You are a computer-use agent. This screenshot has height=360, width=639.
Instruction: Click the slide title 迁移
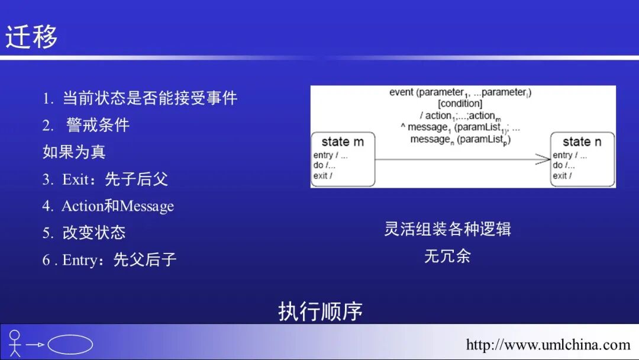(x=31, y=37)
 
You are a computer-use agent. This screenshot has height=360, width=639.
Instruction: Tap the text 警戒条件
(x=98, y=125)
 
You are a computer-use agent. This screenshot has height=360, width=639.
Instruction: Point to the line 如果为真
(x=74, y=152)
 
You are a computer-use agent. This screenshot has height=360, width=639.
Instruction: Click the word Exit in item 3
(x=75, y=179)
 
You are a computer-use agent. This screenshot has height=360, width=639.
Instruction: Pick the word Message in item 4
(x=147, y=206)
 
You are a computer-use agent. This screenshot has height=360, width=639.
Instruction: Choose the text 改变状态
(x=94, y=233)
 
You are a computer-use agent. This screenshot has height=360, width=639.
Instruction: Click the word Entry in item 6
(x=79, y=259)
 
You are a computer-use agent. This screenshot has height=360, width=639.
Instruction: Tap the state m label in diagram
(x=343, y=142)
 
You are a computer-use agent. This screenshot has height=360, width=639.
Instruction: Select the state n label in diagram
(x=582, y=142)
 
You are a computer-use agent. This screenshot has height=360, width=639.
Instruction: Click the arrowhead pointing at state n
(x=544, y=159)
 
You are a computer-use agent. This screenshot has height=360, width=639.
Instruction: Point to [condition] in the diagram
(x=460, y=104)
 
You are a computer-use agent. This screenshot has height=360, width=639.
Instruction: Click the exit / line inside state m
(x=323, y=176)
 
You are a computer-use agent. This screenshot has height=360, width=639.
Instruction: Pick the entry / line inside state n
(x=570, y=155)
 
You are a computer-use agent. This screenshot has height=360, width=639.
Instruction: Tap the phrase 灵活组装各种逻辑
(x=447, y=229)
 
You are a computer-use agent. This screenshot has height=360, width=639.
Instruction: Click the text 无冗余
(x=447, y=256)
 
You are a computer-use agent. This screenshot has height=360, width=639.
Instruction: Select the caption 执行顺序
(x=320, y=311)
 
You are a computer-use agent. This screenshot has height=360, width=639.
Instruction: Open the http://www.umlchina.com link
(x=548, y=345)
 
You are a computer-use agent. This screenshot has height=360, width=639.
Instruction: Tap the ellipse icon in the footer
(x=70, y=345)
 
